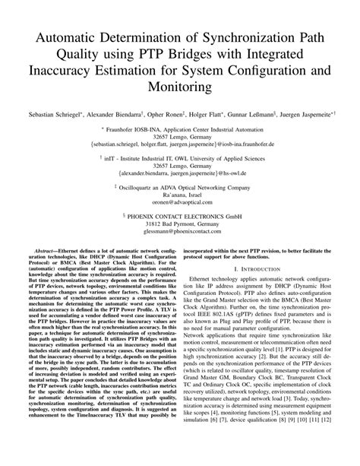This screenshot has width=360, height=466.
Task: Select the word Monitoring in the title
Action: coord(181,87)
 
